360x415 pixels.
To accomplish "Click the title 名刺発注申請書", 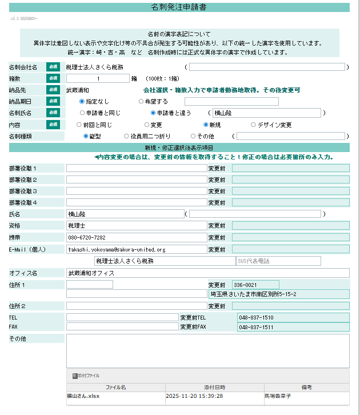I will pos(179,7).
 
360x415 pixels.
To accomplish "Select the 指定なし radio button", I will pos(82,101).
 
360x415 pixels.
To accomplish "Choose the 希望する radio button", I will pos(141,101).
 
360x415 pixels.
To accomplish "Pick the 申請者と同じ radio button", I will pos(82,113).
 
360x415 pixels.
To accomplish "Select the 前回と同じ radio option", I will pos(79,124).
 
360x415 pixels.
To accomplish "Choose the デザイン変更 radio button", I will pos(253,124).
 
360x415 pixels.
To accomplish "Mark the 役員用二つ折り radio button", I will pos(126,136).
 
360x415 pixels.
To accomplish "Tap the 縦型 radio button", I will pos(86,136).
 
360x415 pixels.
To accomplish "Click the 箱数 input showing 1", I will pos(98,78).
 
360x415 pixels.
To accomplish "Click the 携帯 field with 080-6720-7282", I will pos(136,237).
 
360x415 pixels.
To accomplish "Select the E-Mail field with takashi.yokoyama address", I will pos(136,249).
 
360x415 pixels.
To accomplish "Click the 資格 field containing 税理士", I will pos(136,226).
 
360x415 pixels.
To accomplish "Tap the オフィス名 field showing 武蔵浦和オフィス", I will pos(207,273).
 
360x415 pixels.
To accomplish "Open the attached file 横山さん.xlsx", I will pos(83,396).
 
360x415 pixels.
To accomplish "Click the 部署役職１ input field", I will pos(136,168).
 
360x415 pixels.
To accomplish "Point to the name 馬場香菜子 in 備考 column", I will pos(278,396).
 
